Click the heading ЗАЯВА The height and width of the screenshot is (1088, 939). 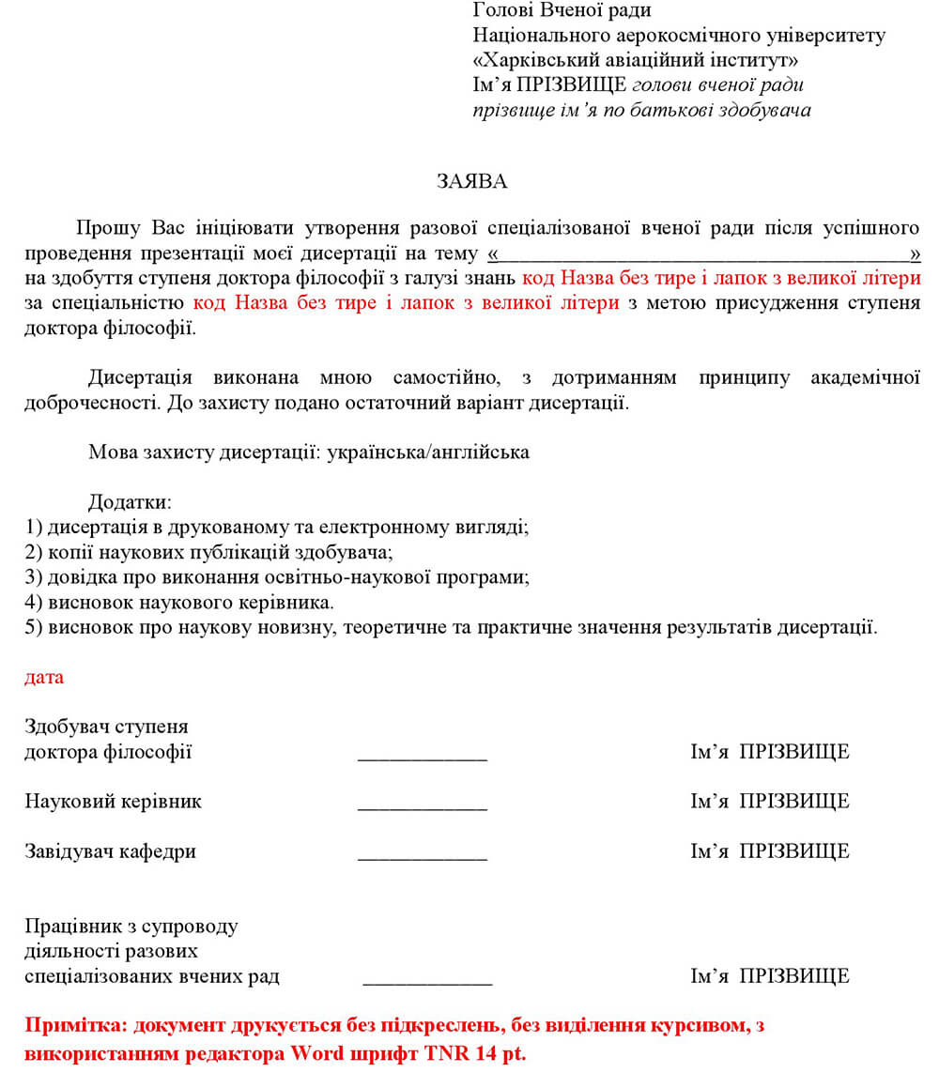[471, 182]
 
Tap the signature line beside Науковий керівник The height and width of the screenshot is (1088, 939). [423, 806]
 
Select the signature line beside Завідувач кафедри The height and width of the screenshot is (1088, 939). [423, 857]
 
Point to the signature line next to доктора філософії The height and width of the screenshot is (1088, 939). [423, 757]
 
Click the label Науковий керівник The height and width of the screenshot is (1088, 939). [113, 802]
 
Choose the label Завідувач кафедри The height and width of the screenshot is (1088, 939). [110, 852]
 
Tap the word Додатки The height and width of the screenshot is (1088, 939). [129, 502]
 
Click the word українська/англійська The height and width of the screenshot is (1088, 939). [423, 452]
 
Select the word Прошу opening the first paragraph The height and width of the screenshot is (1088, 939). [106, 228]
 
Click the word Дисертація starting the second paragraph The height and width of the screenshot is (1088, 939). [140, 377]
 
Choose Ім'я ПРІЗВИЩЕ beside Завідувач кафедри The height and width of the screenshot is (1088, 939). [770, 852]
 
